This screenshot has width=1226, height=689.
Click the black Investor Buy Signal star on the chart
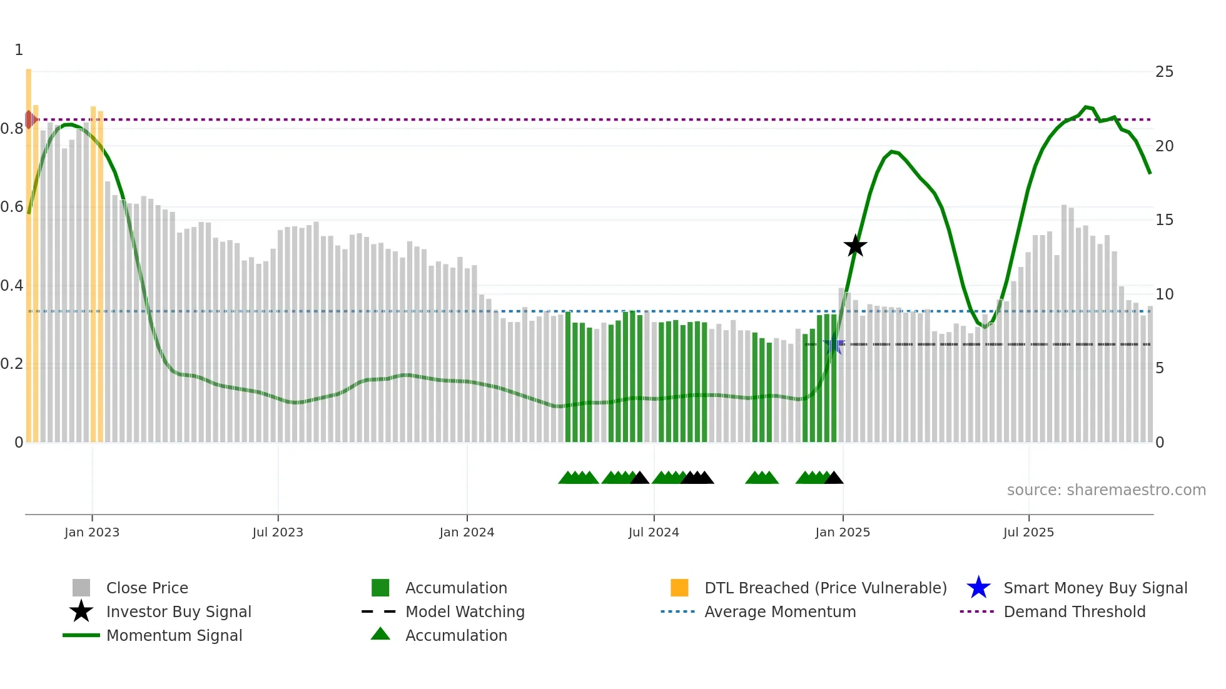[x=855, y=246]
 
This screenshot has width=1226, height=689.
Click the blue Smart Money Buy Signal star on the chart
[x=834, y=344]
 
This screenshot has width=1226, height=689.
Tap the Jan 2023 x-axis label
[x=92, y=532]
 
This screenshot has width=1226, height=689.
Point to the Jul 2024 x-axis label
[x=654, y=532]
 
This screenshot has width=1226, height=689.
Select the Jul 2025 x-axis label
[x=1028, y=532]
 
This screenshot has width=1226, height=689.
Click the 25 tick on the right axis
[x=1164, y=72]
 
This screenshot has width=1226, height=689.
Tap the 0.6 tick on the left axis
[x=12, y=207]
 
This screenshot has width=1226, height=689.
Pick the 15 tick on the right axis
[x=1164, y=220]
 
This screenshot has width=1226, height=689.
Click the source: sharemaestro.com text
[x=1106, y=490]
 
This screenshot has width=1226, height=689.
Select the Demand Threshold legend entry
[x=1074, y=611]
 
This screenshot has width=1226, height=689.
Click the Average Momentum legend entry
[x=779, y=611]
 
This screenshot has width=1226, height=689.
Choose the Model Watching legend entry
[x=464, y=611]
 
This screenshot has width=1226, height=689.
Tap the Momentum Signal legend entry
[x=174, y=635]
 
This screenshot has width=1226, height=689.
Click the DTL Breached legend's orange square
[x=679, y=588]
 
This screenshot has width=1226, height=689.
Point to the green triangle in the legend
[x=380, y=634]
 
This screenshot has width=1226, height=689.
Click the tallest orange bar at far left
[x=29, y=250]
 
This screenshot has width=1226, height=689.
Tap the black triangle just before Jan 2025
[x=834, y=478]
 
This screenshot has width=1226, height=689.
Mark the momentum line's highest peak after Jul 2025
[x=1086, y=107]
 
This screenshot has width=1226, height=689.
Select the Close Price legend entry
[x=146, y=588]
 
